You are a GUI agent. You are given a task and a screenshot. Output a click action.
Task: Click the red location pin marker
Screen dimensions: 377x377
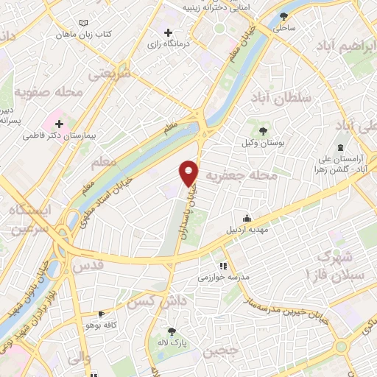(189, 172)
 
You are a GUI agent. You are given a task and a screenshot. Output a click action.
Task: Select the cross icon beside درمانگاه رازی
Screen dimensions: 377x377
(169, 32)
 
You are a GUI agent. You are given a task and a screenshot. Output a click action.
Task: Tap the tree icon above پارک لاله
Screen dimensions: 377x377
(172, 331)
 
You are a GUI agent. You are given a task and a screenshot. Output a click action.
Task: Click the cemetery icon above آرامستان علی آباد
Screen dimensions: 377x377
(340, 147)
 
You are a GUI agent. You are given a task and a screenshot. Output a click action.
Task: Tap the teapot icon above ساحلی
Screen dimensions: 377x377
(284, 16)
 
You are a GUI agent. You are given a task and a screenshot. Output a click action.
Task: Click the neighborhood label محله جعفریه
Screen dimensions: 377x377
(252, 176)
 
